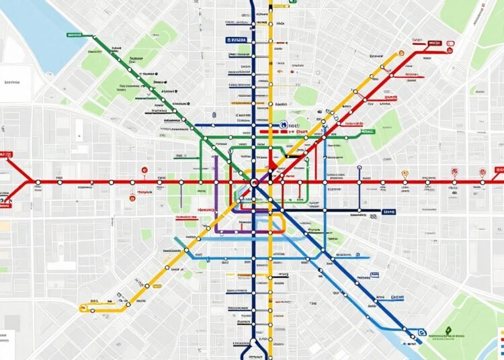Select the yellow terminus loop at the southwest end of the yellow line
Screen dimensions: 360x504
click(x=83, y=308)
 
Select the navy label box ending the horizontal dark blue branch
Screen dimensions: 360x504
click(x=388, y=212)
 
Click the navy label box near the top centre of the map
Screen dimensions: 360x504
click(x=237, y=40)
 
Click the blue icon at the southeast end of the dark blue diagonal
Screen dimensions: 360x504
click(x=421, y=332)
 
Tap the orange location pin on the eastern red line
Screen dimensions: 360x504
click(x=404, y=173)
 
